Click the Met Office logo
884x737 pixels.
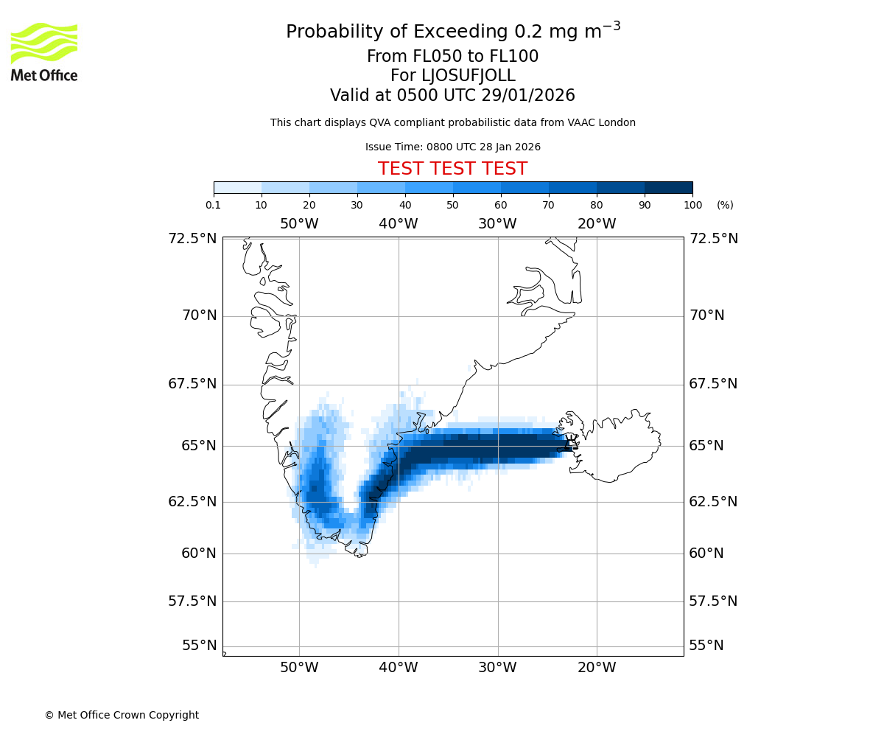coord(44,52)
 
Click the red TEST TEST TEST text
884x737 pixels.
coord(452,169)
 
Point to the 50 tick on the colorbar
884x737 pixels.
coord(452,205)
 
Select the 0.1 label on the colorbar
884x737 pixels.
coord(214,205)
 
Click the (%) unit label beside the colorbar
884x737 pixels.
coord(725,205)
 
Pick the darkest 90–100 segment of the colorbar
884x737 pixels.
coord(668,187)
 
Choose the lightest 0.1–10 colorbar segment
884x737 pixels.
coord(237,187)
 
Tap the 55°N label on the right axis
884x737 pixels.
coord(706,646)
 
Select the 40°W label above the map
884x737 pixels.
coord(398,224)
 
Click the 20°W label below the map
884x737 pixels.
coord(597,668)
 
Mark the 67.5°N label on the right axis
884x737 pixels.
coord(712,384)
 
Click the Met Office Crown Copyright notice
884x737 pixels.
coord(122,715)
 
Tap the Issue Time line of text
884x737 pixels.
coord(452,147)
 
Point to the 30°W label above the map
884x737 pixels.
coord(497,224)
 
